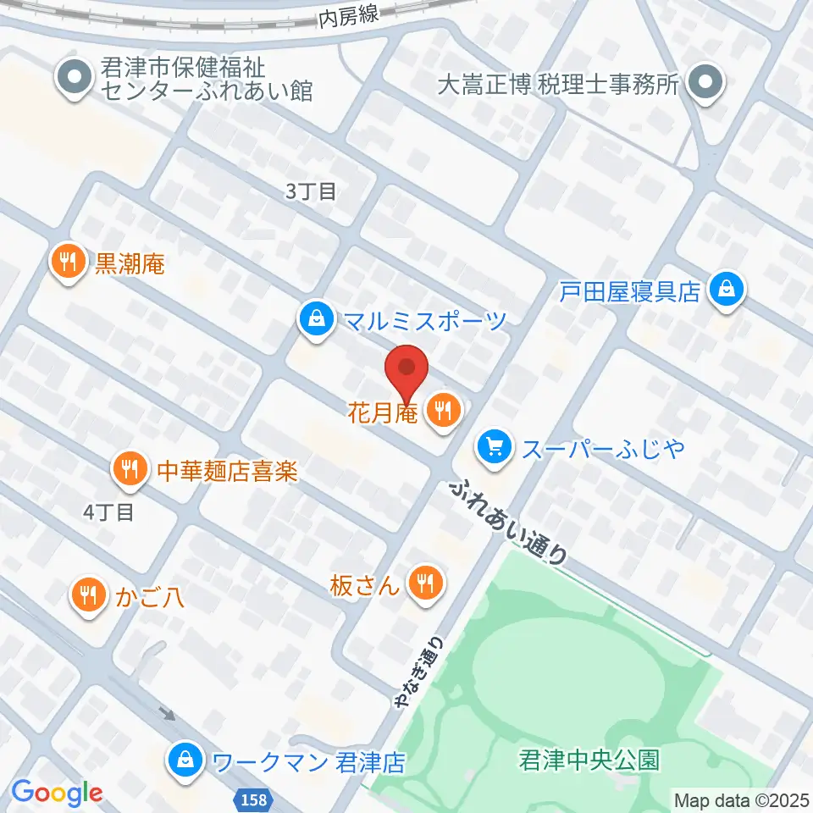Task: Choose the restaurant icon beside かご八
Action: pyautogui.click(x=86, y=594)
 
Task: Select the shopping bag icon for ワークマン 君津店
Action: pyautogui.click(x=184, y=760)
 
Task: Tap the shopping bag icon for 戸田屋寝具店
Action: pyautogui.click(x=726, y=290)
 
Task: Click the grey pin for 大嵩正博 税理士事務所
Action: pyautogui.click(x=704, y=85)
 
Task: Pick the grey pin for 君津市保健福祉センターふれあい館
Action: pyautogui.click(x=74, y=78)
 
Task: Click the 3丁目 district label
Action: pyautogui.click(x=311, y=192)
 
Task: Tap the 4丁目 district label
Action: pyautogui.click(x=108, y=512)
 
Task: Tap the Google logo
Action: pyautogui.click(x=57, y=794)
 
